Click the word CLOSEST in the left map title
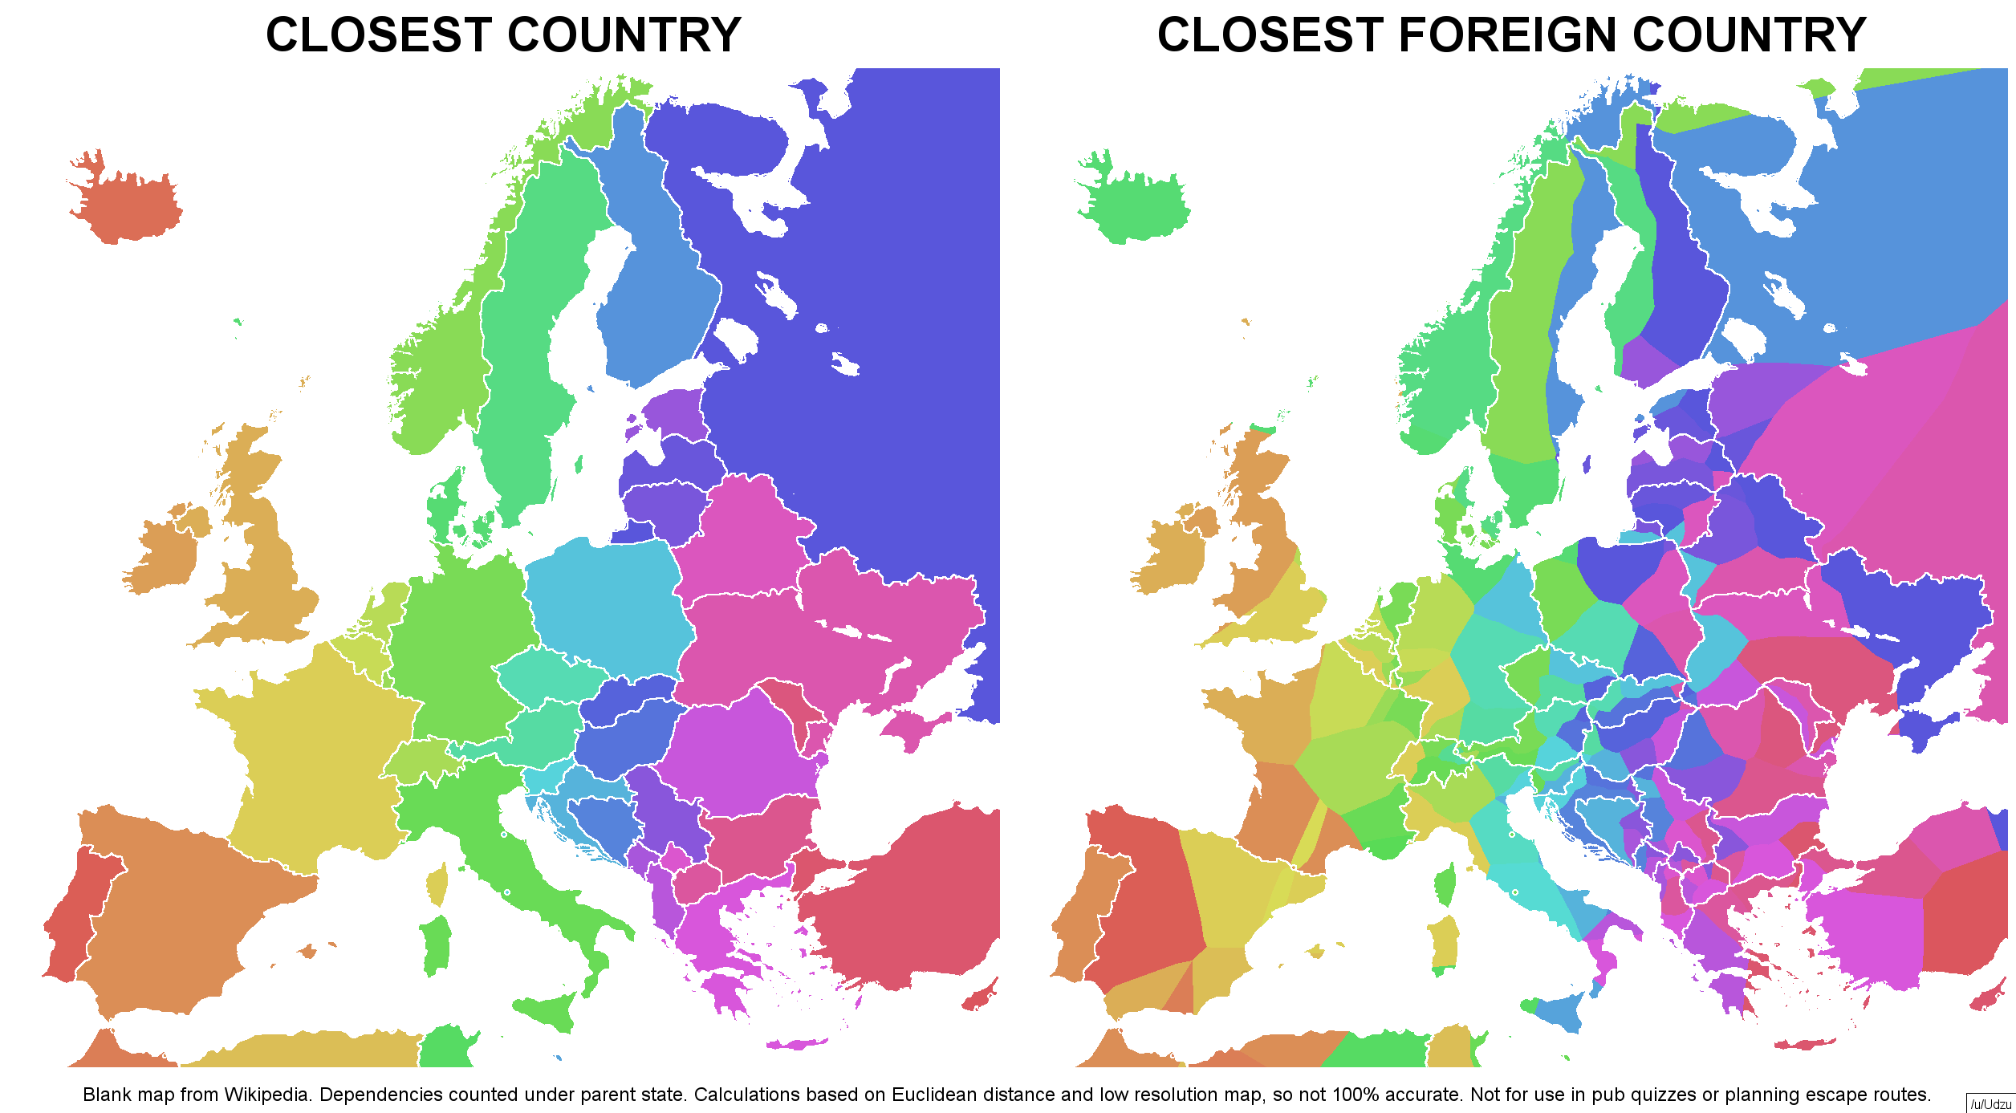(x=379, y=35)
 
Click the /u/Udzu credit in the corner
(x=1990, y=1104)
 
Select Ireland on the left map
(x=165, y=550)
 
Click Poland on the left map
(x=606, y=602)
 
